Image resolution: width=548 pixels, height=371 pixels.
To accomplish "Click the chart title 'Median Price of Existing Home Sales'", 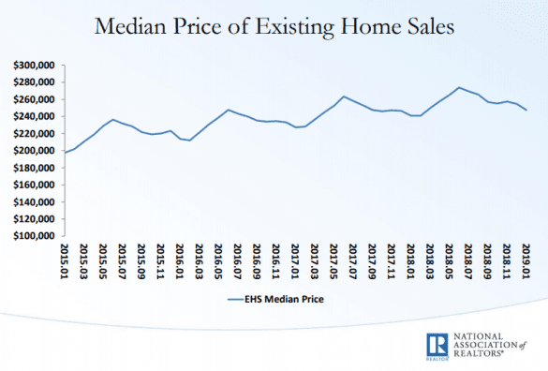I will pyautogui.click(x=274, y=28).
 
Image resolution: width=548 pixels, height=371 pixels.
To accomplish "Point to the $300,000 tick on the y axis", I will pyautogui.click(x=33, y=66).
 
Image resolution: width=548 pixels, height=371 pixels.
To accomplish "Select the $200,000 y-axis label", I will pyautogui.click(x=33, y=151).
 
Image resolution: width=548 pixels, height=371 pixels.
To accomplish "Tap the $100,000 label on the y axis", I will pyautogui.click(x=33, y=236).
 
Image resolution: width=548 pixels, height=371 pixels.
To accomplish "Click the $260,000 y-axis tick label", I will pyautogui.click(x=33, y=99).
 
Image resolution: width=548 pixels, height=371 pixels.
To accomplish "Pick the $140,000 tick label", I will pyautogui.click(x=33, y=201).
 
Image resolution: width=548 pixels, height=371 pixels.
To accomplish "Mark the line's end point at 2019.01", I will pyautogui.click(x=526, y=111).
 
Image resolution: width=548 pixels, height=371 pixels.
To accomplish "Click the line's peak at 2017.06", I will pyautogui.click(x=344, y=96).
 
